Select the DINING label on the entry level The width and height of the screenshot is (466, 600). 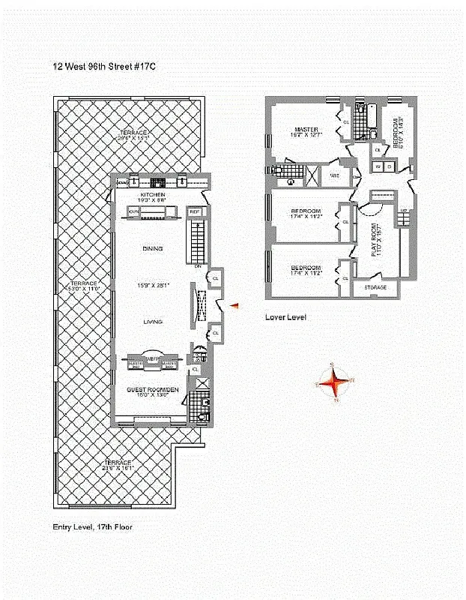[153, 248]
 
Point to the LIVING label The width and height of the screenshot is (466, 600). [153, 321]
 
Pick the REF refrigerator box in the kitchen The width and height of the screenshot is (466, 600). [195, 212]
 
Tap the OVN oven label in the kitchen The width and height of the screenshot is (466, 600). [134, 212]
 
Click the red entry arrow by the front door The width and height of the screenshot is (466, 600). [234, 305]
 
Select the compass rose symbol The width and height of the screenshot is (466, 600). [335, 383]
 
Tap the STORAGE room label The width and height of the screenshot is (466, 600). [375, 287]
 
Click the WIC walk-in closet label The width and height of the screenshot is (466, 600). [334, 176]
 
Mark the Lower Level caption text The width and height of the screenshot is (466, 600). [285, 317]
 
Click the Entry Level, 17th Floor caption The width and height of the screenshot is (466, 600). [92, 526]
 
